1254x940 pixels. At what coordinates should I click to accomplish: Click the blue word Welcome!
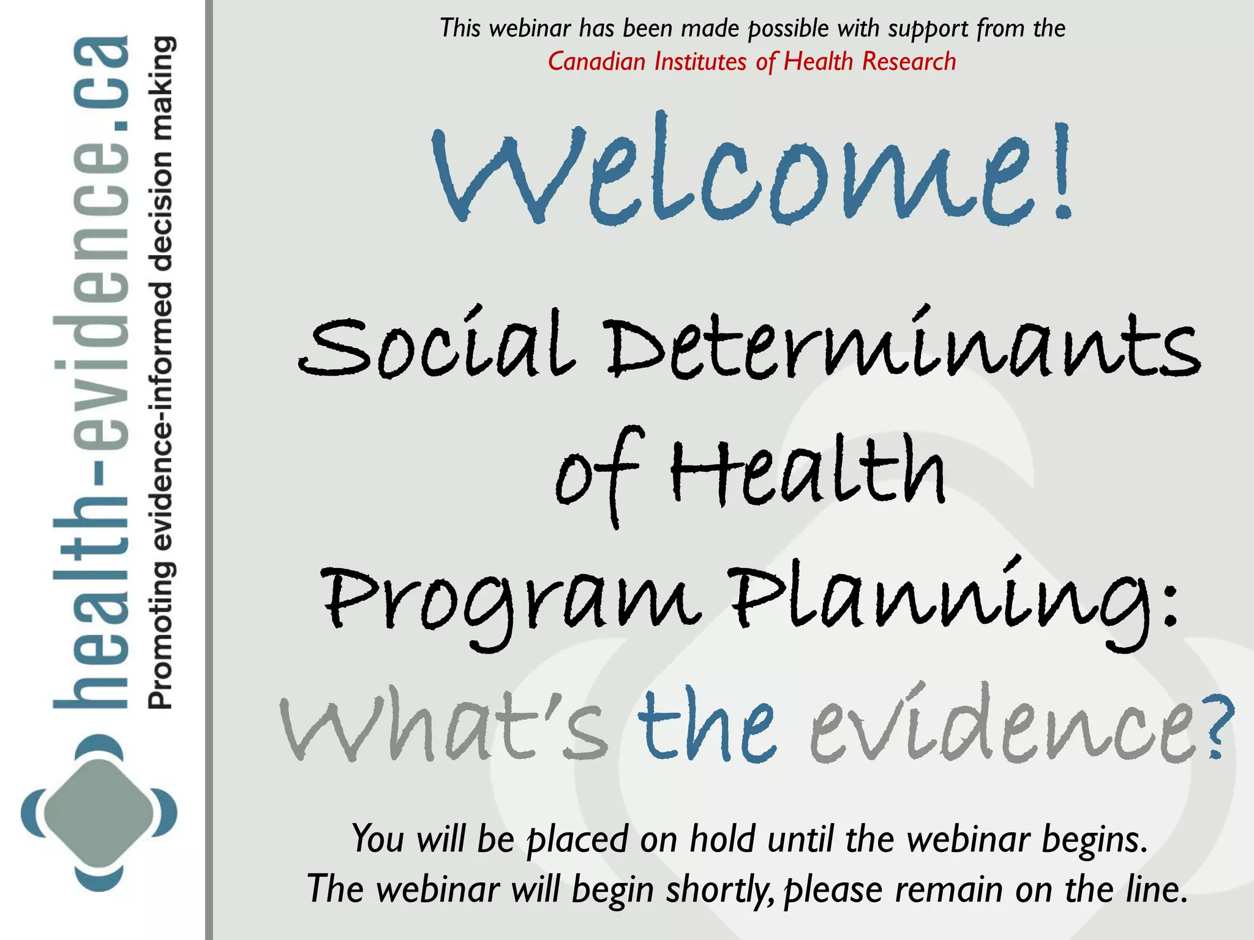752,170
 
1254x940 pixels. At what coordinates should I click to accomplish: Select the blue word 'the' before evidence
707,728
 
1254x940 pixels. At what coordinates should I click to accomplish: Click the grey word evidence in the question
1004,728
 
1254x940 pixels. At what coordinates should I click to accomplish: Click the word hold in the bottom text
723,838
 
